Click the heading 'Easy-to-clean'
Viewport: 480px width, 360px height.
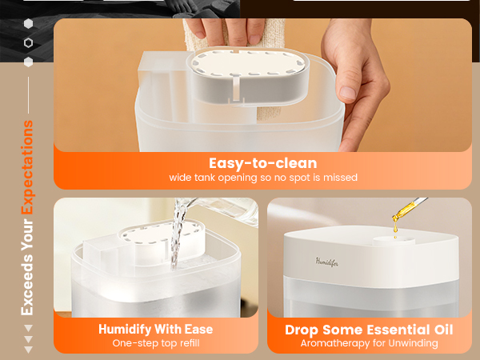(262, 162)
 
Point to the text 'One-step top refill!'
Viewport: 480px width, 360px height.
(155, 343)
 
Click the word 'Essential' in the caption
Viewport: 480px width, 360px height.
(391, 330)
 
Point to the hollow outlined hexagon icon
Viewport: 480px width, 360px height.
(29, 42)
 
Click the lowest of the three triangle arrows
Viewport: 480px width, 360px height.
(29, 350)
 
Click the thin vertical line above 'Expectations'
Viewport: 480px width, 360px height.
(28, 95)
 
